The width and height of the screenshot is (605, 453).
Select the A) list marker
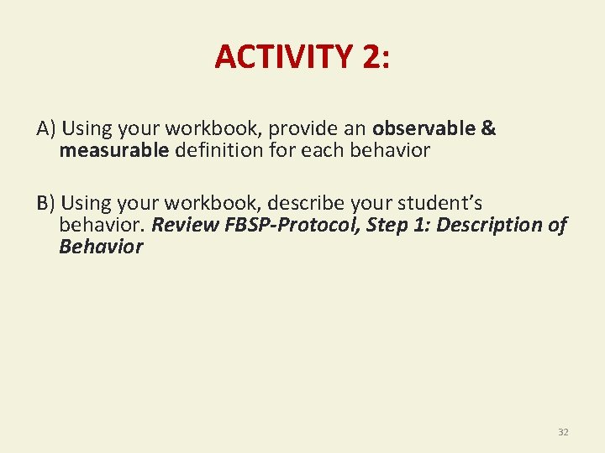point(46,129)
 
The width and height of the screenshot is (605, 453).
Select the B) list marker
point(46,203)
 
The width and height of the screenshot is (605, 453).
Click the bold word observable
point(423,129)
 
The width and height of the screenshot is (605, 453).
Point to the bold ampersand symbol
point(488,129)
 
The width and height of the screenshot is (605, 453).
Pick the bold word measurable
point(114,151)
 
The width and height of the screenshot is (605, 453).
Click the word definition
point(215,151)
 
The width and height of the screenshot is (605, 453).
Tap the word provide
point(315,129)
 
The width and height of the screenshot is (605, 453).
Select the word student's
point(440,203)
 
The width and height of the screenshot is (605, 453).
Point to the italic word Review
point(181,225)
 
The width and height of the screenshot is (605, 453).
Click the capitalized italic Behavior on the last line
point(101,247)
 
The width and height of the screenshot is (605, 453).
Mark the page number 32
point(563,432)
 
